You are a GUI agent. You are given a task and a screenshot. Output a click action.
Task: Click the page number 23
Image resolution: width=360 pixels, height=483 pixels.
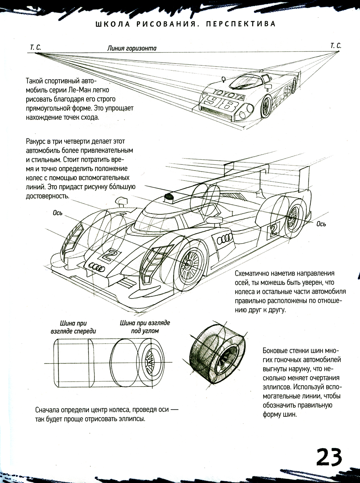pyautogui.click(x=329, y=457)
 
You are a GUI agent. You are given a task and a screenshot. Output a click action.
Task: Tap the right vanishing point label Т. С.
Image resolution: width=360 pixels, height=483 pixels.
pyautogui.click(x=335, y=46)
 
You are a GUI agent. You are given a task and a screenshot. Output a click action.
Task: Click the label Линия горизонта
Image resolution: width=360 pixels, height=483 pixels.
pyautogui.click(x=131, y=48)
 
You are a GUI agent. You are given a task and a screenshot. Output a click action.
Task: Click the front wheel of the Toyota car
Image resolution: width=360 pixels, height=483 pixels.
pyautogui.click(x=266, y=104)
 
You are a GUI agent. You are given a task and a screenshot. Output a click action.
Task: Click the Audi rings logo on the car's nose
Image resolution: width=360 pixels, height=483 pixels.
pyautogui.click(x=96, y=267)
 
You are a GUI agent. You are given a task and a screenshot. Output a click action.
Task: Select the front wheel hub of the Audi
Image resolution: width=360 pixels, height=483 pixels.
pyautogui.click(x=188, y=265)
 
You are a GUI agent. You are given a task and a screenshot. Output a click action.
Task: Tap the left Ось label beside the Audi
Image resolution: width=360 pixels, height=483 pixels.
pyautogui.click(x=58, y=213)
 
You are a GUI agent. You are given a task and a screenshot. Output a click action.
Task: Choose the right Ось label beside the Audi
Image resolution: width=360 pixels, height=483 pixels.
pyautogui.click(x=321, y=224)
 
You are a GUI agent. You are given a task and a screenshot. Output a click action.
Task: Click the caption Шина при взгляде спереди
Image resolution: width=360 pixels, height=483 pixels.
pyautogui.click(x=73, y=327)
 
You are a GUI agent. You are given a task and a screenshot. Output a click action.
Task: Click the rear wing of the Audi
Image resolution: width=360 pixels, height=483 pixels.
pyautogui.click(x=266, y=173)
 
